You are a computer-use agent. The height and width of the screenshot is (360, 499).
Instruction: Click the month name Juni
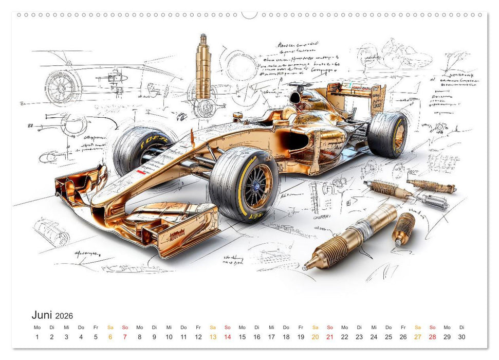click(44, 315)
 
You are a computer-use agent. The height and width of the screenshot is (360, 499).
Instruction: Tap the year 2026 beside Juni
click(64, 316)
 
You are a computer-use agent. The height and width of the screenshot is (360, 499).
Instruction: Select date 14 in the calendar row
click(227, 337)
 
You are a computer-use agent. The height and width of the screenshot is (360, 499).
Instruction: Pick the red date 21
click(329, 337)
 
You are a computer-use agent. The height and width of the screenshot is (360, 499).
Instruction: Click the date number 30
click(461, 337)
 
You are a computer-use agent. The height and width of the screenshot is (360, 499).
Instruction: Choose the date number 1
click(37, 337)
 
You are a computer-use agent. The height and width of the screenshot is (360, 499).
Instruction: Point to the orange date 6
click(110, 337)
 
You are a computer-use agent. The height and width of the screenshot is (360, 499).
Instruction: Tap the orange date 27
click(417, 337)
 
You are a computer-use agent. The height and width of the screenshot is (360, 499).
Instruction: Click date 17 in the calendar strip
click(271, 337)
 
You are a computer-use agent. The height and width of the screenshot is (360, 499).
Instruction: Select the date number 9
click(154, 337)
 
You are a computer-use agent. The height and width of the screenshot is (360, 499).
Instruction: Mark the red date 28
click(432, 337)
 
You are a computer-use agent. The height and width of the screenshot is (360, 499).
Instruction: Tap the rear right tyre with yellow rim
click(389, 134)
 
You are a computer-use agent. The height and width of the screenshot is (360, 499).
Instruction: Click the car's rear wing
click(360, 95)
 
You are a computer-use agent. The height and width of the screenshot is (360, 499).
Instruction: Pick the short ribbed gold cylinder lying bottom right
click(403, 228)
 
